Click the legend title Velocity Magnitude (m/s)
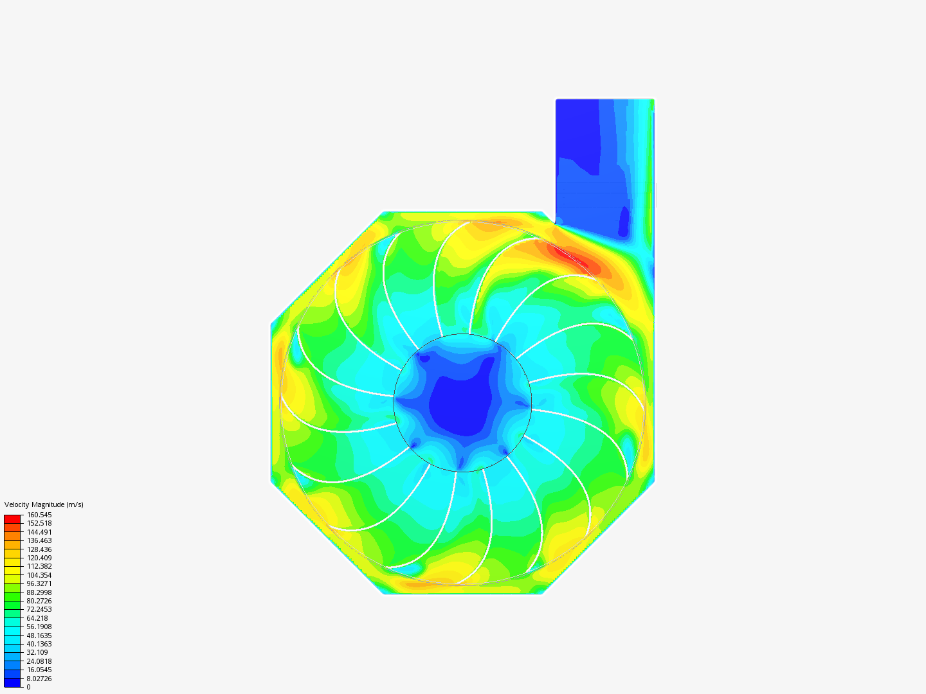44,504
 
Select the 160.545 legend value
39,515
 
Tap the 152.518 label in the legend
39,523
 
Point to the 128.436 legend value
39,549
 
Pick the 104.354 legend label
39,575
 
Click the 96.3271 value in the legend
39,583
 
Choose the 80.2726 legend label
39,601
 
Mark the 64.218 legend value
37,618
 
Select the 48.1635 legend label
39,636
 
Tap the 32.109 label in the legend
37,652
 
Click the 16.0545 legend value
39,670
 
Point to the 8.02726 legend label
39,679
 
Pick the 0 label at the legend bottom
28,687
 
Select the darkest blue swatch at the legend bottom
13,682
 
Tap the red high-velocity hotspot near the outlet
569,256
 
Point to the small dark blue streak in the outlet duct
623,222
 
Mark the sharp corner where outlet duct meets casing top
556,223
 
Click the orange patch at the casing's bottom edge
418,584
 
